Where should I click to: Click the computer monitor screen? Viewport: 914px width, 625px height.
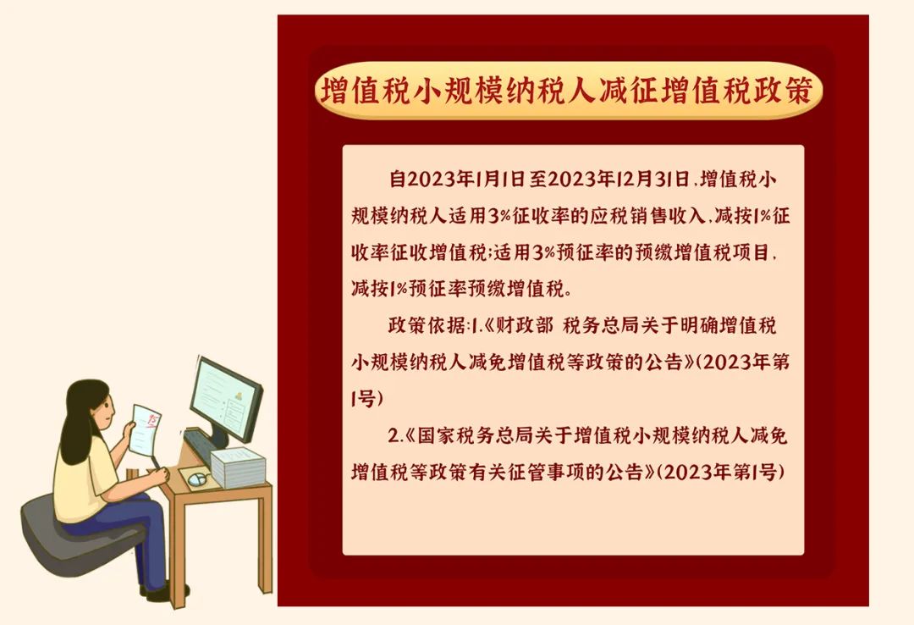[225, 399]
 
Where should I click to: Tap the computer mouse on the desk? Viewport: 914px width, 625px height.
[197, 479]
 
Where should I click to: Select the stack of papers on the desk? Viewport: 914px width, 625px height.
[239, 466]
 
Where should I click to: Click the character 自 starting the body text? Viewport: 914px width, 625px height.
[398, 180]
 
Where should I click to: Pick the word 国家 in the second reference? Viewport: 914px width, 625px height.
[437, 436]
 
